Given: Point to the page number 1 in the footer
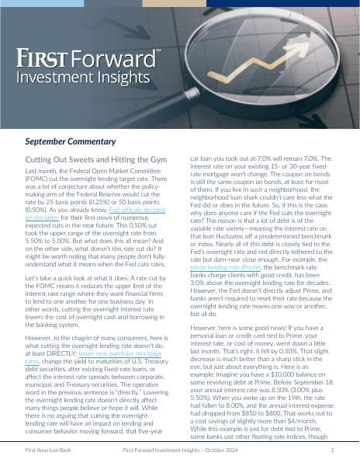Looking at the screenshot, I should (x=332, y=450).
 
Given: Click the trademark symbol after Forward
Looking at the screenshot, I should (x=158, y=51).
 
